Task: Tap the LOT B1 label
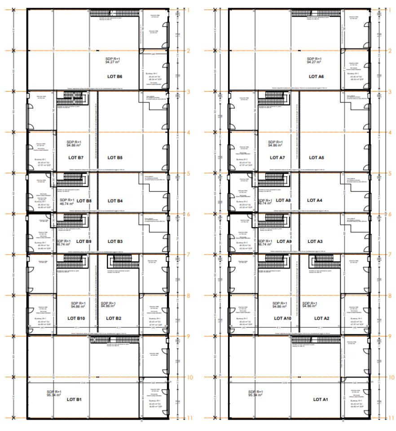coord(74,399)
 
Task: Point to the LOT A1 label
coord(321,399)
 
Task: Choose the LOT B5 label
coord(115,158)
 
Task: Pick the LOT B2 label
coord(114,318)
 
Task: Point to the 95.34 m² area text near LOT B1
coord(54,396)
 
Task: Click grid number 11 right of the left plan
coord(190,418)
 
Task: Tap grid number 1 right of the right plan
coord(390,9)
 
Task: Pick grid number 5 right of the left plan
coord(189,173)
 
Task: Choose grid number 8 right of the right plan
coord(390,295)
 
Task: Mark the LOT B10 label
coord(76,318)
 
